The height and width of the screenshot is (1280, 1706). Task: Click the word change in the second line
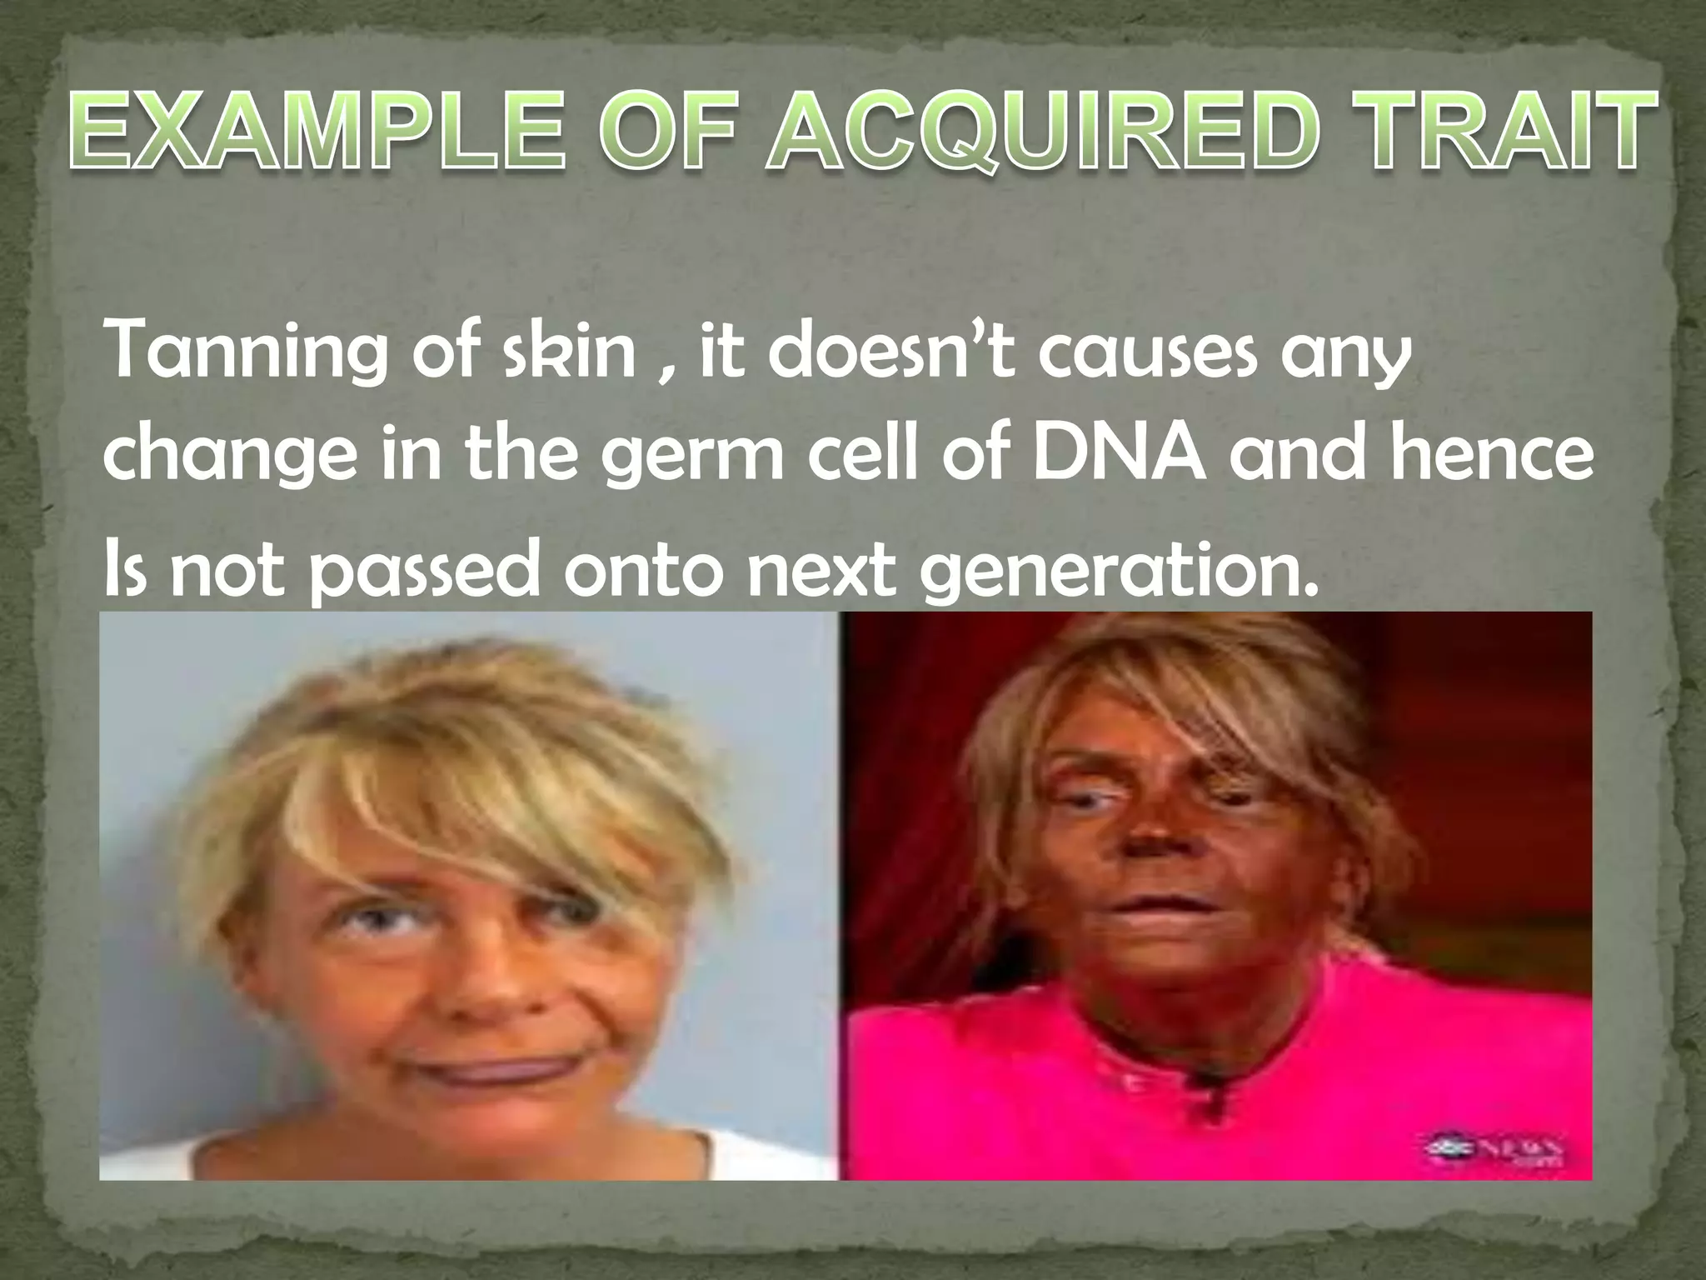tap(228, 457)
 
